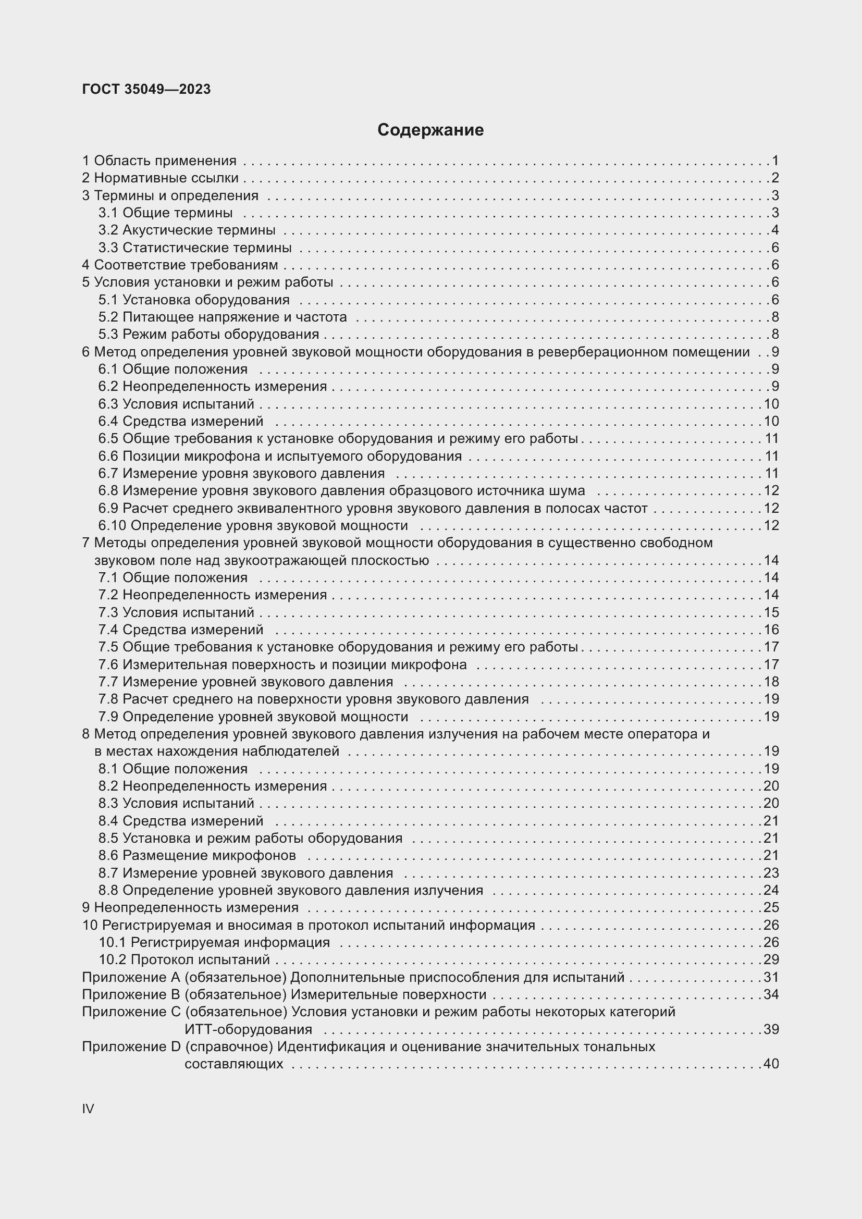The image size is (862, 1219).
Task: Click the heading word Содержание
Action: point(430,130)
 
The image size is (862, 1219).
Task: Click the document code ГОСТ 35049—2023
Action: point(146,89)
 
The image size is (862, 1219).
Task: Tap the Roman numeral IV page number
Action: point(88,1109)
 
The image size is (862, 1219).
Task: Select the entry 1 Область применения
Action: point(159,161)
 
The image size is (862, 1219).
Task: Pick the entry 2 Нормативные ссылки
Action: point(161,178)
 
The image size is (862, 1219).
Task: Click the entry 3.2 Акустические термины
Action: point(187,230)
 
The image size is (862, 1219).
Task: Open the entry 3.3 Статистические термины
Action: point(195,248)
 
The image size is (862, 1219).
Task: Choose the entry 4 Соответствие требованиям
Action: point(180,265)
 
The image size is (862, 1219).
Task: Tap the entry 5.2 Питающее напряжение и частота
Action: point(223,317)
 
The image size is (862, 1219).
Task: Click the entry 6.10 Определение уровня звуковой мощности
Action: point(253,526)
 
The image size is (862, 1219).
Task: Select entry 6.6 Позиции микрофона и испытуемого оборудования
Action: point(280,456)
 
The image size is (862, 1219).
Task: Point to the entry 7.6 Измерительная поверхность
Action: point(282,664)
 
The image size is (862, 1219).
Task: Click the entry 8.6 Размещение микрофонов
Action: point(197,855)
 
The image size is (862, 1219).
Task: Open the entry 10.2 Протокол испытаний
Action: point(184,959)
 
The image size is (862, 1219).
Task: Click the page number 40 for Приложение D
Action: point(771,1064)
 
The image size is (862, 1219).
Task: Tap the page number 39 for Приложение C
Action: point(771,1029)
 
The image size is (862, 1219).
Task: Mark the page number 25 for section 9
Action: point(771,907)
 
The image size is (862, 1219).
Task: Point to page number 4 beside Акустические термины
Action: point(775,230)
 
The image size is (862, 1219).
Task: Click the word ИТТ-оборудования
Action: point(249,1029)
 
